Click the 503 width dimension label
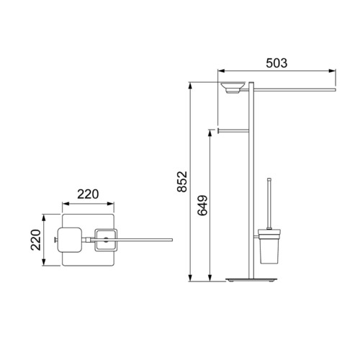pyautogui.click(x=276, y=63)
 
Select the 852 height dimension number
pyautogui.click(x=182, y=181)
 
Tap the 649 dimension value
pyautogui.click(x=202, y=205)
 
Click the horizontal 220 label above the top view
pyautogui.click(x=88, y=194)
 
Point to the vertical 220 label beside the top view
pyautogui.click(x=36, y=240)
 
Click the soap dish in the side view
pyautogui.click(x=233, y=87)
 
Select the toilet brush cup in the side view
pyautogui.click(x=269, y=246)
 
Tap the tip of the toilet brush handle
pyautogui.click(x=269, y=179)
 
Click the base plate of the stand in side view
pyautogui.click(x=251, y=280)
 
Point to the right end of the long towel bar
pyautogui.click(x=335, y=90)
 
